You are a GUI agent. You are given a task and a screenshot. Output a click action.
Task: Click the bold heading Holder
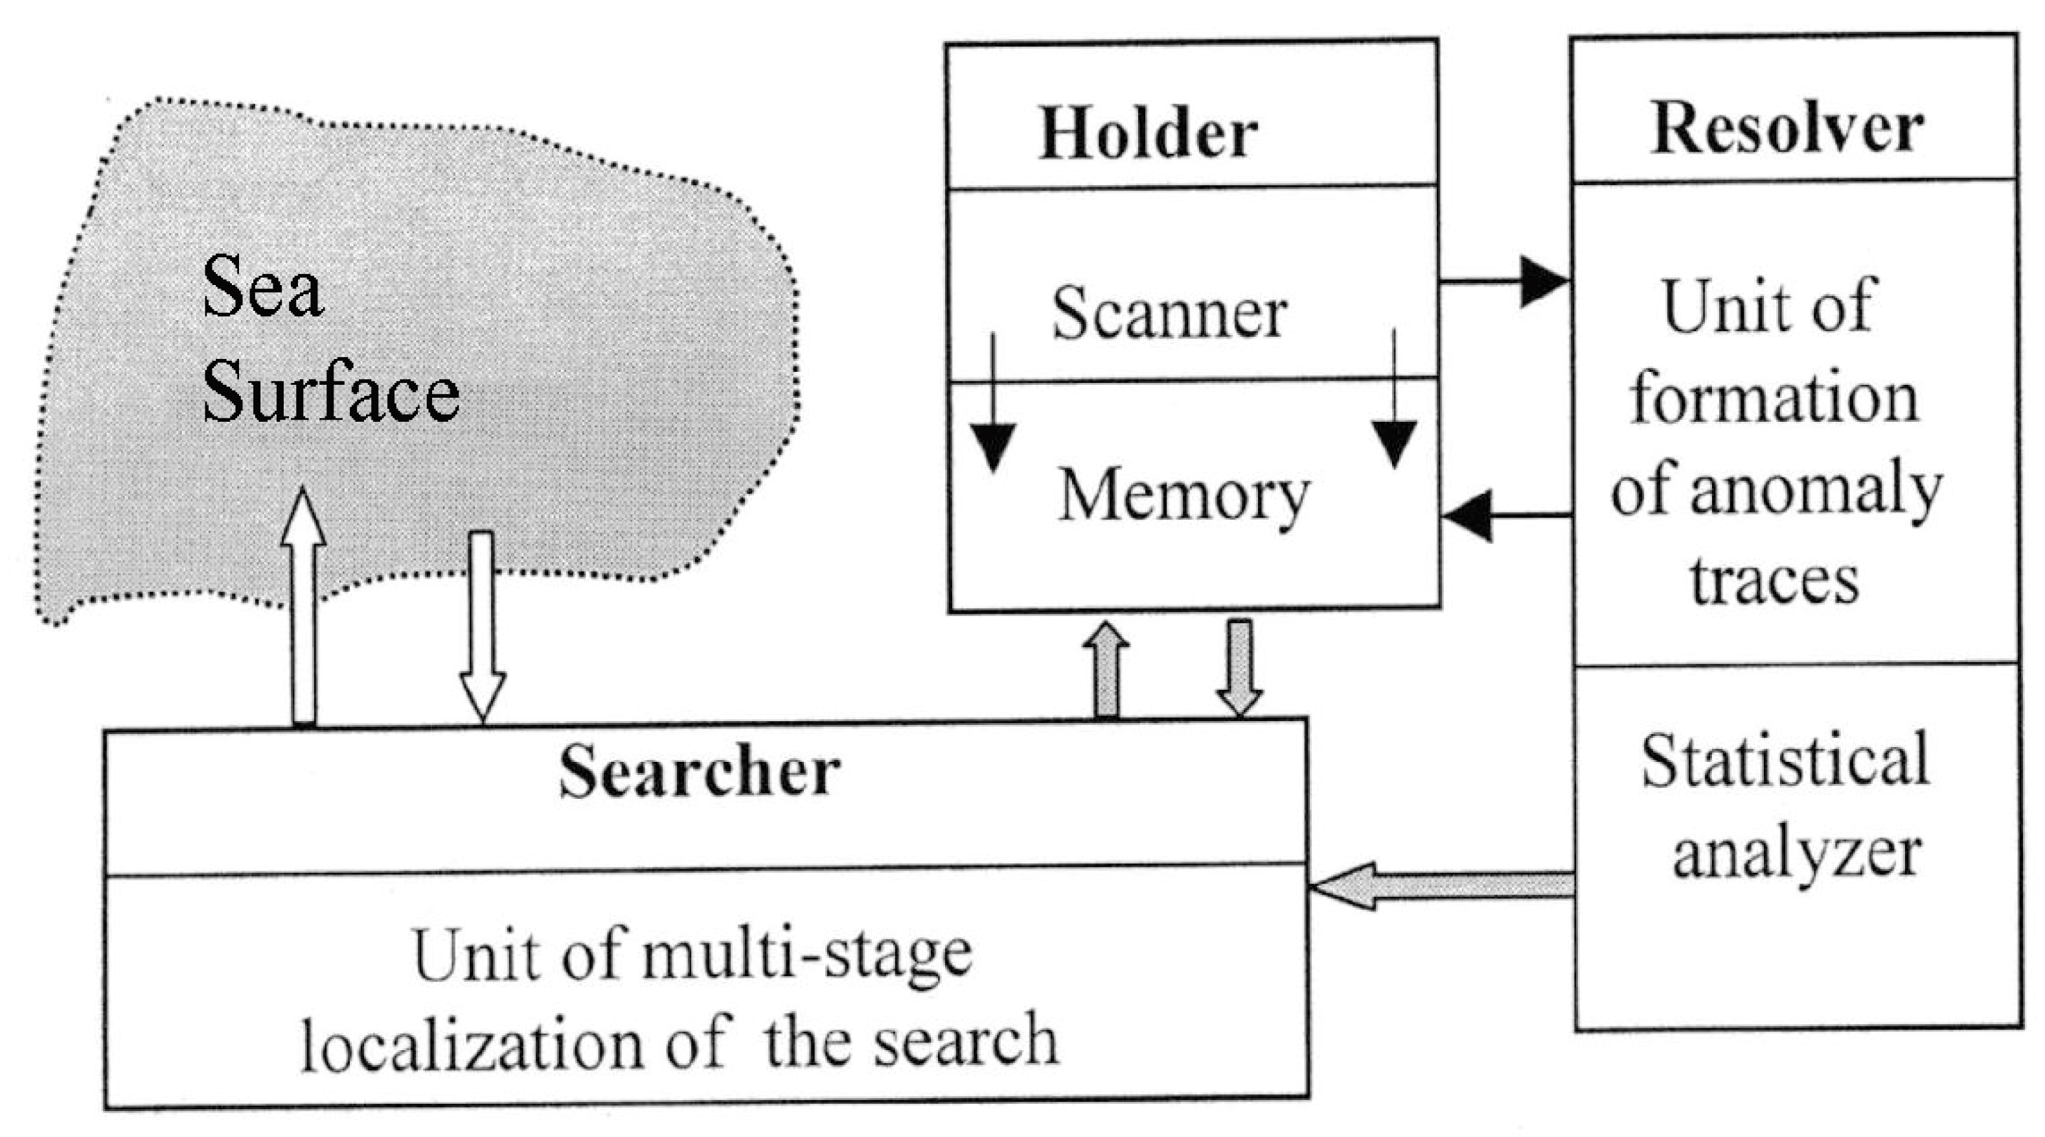[1148, 133]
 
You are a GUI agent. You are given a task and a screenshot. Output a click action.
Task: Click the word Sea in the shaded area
[262, 288]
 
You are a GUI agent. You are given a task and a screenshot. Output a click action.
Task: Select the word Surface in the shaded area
[330, 393]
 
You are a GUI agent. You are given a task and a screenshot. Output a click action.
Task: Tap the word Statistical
[1785, 761]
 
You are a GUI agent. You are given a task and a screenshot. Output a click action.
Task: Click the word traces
[1774, 581]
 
